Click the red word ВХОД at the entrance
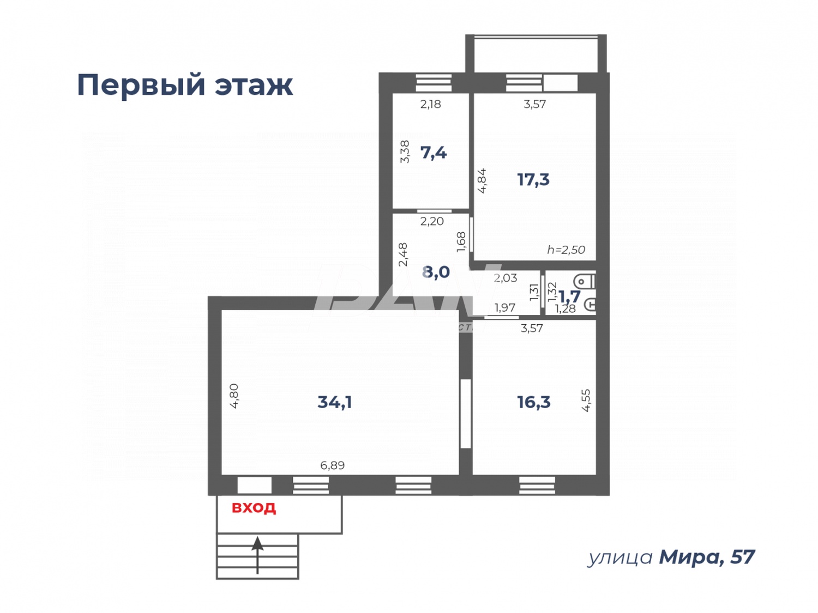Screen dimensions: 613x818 [x=254, y=508]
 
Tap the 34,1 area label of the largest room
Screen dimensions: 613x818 [x=334, y=402]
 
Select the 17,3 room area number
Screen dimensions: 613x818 [x=533, y=179]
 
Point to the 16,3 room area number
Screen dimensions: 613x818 [x=533, y=402]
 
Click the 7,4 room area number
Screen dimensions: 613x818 [x=433, y=153]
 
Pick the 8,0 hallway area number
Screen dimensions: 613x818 [x=436, y=271]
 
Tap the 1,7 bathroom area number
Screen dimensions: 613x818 [x=569, y=296]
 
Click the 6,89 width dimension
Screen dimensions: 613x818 [x=332, y=465]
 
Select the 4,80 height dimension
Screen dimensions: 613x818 [x=234, y=396]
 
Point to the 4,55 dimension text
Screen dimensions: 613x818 [x=586, y=400]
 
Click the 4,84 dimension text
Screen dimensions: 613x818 [x=482, y=180]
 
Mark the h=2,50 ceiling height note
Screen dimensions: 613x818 [x=566, y=250]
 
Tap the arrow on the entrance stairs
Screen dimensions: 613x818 [x=257, y=553]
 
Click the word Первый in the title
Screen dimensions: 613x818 [x=141, y=85]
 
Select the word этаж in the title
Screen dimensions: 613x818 [x=253, y=85]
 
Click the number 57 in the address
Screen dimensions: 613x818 [x=742, y=557]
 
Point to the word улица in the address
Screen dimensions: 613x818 [x=619, y=557]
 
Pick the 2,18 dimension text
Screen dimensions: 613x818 [x=430, y=104]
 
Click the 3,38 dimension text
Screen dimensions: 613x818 [x=405, y=151]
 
